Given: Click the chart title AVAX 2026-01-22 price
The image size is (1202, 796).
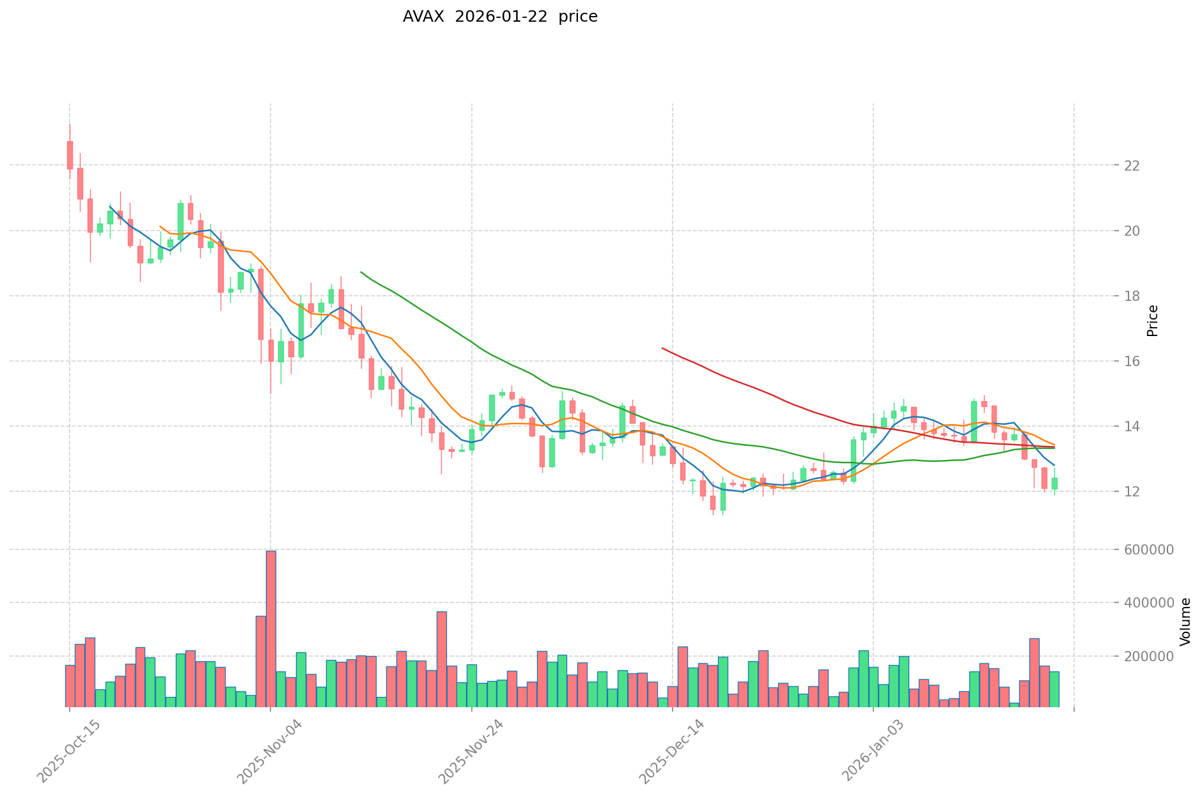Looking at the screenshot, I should point(500,17).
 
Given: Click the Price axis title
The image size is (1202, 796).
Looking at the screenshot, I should point(1152,321).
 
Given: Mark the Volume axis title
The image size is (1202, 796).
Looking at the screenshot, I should point(1185,621).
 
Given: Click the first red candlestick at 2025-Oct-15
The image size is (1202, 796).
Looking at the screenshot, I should point(70,155).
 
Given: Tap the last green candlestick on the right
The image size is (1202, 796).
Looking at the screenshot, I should point(1054,484).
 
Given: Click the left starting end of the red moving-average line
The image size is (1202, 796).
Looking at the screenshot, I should point(662,348).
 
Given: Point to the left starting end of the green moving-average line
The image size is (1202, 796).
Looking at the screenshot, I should point(361,272).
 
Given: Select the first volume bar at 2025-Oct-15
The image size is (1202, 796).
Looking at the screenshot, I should point(70,685).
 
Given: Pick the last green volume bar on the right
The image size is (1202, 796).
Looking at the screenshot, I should point(1054,689).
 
